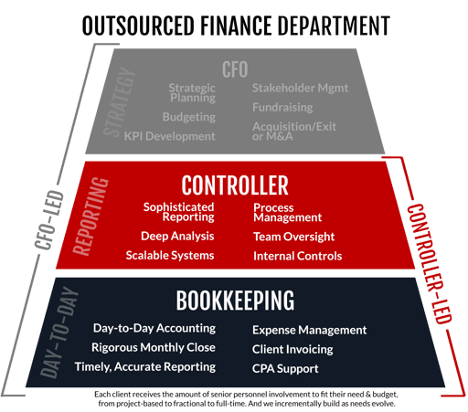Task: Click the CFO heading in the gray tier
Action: (235, 69)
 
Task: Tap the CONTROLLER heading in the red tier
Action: (235, 185)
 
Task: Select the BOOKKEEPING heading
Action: (235, 301)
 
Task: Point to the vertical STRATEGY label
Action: (119, 101)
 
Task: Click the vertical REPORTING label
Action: (90, 217)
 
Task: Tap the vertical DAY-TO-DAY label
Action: (58, 333)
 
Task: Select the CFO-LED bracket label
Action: (49, 220)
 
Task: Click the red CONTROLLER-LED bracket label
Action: (429, 264)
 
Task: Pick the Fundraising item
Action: (282, 108)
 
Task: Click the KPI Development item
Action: (169, 136)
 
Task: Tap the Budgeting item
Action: (189, 117)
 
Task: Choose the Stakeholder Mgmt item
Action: (300, 88)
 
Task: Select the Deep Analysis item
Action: (177, 236)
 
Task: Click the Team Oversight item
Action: (294, 237)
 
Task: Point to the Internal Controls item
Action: (298, 256)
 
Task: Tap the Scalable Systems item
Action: (170, 256)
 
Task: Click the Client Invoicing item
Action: (292, 349)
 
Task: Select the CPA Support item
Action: (285, 369)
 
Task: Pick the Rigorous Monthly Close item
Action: (154, 347)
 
